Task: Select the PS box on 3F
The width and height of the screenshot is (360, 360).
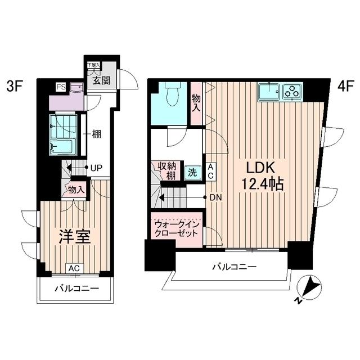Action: coord(60,87)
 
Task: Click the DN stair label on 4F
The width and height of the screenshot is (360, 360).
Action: coord(215,197)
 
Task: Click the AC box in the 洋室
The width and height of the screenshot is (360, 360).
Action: coord(74,268)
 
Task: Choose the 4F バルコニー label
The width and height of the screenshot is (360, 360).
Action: coord(234,267)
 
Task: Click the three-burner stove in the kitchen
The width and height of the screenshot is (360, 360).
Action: coord(292,91)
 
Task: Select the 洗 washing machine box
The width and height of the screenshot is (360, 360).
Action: coord(193,173)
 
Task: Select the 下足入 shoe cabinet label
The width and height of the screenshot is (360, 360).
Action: coord(93,65)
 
